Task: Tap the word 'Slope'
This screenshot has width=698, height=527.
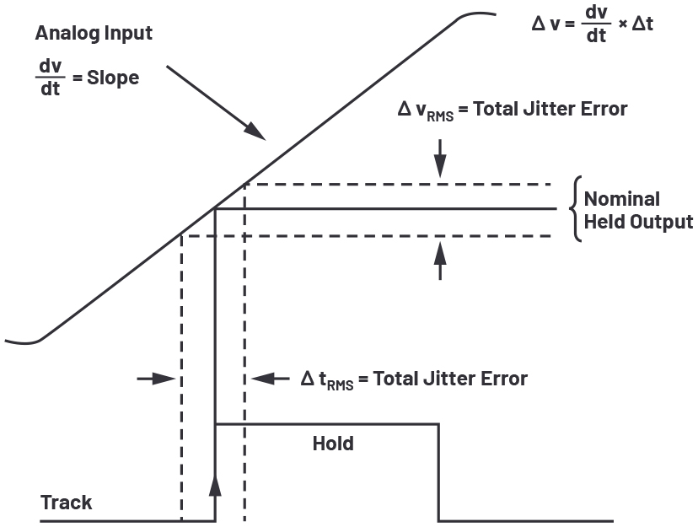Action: (x=113, y=78)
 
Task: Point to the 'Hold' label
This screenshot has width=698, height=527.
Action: (x=332, y=444)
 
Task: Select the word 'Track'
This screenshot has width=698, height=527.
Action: (x=67, y=503)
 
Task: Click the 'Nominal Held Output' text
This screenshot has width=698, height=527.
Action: (x=638, y=211)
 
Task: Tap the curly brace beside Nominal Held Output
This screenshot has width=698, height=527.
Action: (x=577, y=209)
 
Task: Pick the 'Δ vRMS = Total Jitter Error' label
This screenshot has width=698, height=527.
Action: (x=512, y=110)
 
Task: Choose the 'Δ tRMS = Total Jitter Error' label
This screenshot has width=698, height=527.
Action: (x=413, y=379)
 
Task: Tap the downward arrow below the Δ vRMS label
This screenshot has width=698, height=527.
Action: (x=439, y=164)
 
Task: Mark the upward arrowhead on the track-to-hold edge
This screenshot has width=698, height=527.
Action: (x=216, y=484)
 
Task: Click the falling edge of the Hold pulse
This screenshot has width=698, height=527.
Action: (x=438, y=472)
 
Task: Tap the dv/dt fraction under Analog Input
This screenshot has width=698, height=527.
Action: (x=51, y=78)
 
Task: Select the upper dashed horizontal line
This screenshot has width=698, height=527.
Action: (x=396, y=184)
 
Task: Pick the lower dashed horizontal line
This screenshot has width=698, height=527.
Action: (x=371, y=236)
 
